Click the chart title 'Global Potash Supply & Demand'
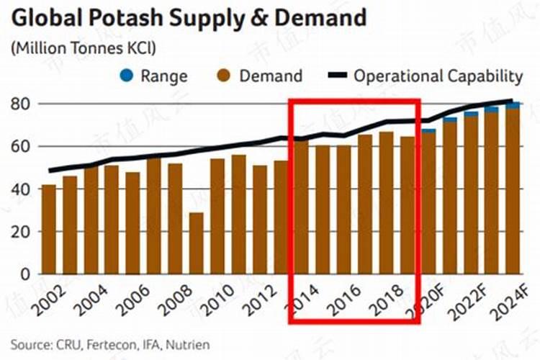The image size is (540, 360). (x=189, y=17)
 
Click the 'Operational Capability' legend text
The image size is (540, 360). (x=438, y=76)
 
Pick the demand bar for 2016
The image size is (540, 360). (x=344, y=210)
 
